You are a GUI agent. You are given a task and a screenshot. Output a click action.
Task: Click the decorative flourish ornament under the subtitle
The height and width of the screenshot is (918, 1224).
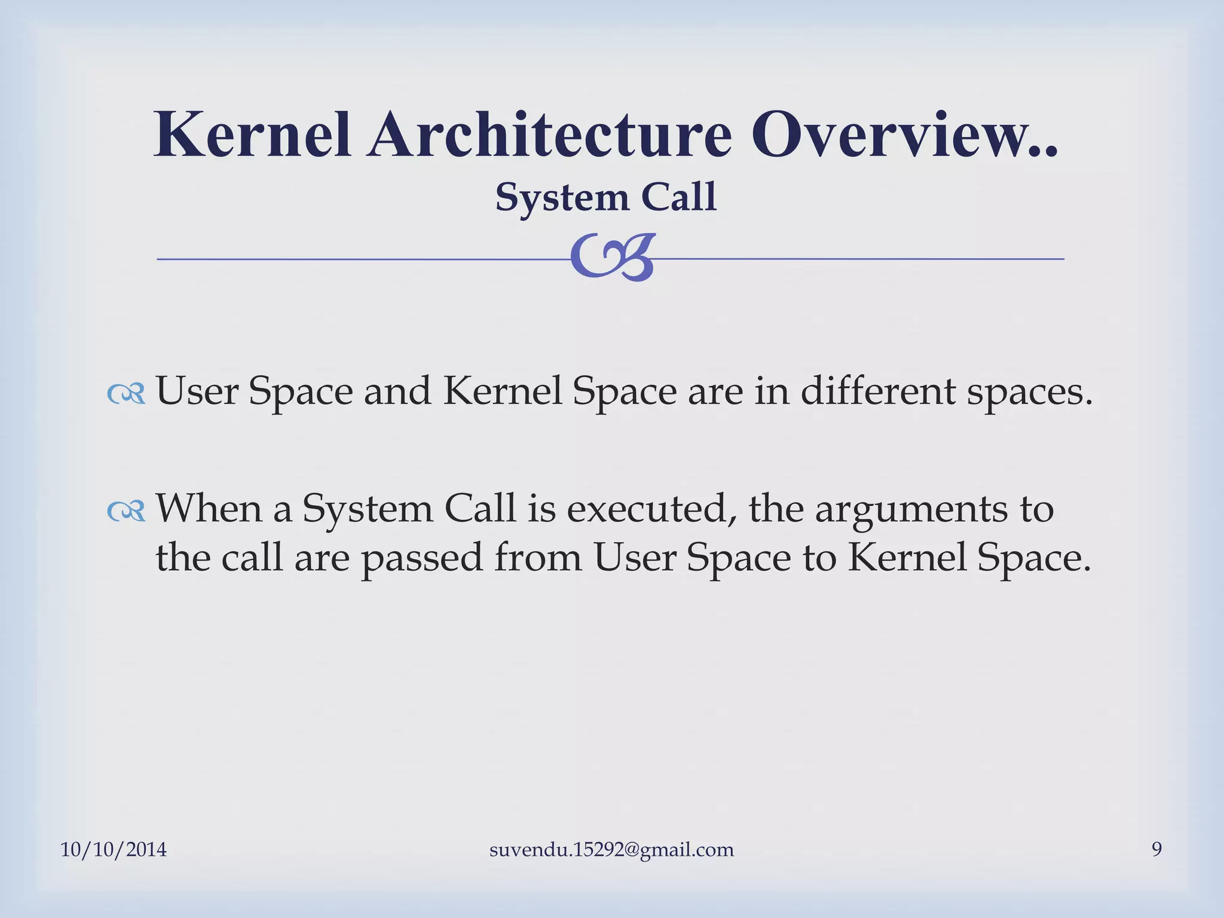tap(612, 257)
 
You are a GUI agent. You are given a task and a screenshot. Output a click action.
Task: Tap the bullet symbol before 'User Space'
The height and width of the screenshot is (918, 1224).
tap(126, 393)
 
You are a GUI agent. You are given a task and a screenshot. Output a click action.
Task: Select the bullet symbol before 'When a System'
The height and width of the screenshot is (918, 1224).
tap(126, 510)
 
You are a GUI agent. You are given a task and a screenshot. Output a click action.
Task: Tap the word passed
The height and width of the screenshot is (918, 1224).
tap(422, 558)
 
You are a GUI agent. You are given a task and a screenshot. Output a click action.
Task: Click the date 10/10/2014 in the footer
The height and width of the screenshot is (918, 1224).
tap(114, 849)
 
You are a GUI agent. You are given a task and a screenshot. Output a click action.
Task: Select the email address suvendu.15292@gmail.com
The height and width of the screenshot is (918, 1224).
tap(611, 849)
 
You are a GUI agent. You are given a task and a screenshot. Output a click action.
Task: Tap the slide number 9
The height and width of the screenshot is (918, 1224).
tap(1156, 849)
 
